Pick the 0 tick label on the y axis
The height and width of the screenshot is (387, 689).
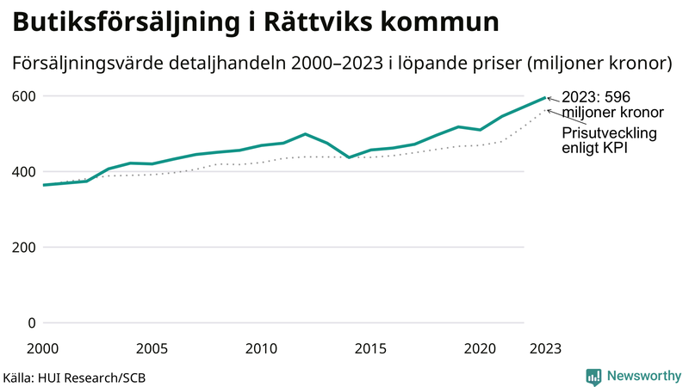click(x=32, y=323)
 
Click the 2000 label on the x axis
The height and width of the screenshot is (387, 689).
click(x=43, y=348)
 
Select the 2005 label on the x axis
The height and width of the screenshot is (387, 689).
click(x=152, y=348)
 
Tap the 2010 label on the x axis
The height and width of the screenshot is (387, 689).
click(x=261, y=348)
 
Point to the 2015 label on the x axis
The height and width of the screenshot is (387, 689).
click(x=370, y=348)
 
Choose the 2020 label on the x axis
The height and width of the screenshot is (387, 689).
click(x=480, y=348)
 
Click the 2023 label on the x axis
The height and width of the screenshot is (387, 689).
click(x=545, y=348)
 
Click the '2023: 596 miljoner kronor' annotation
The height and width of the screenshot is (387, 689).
click(x=611, y=105)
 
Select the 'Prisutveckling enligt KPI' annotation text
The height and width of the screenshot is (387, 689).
click(x=609, y=141)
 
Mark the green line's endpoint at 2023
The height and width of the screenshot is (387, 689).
click(x=545, y=97)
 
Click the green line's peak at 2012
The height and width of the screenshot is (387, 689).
click(x=305, y=134)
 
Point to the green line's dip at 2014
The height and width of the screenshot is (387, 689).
click(x=349, y=157)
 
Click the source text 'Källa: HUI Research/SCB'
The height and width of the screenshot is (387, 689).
click(x=74, y=377)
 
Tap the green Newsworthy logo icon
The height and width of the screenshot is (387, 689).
click(x=593, y=376)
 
